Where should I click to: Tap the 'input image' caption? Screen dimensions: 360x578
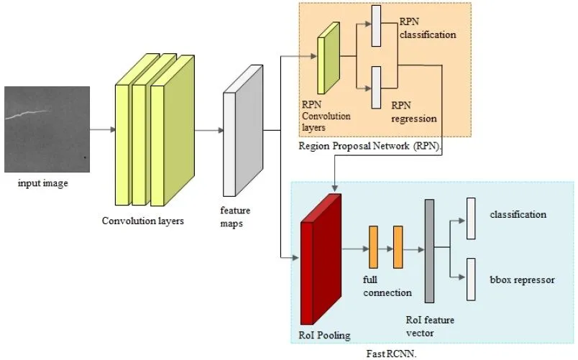coord(43,183)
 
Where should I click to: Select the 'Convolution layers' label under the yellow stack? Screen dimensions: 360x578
coord(143,221)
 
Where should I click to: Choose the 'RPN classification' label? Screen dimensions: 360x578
coord(428,28)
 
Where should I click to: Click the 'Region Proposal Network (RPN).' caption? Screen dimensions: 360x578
coord(370,146)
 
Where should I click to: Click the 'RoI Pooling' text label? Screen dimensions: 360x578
coord(324,334)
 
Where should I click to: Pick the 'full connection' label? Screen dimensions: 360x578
coord(387,287)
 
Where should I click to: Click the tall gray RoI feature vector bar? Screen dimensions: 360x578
coord(429,251)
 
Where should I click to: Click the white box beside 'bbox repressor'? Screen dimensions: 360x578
coord(472,279)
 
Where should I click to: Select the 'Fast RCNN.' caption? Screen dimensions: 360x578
coord(389,353)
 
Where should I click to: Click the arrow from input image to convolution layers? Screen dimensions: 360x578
coord(102,130)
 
